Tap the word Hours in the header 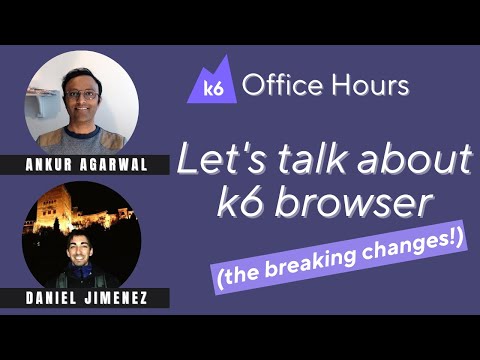pyautogui.click(x=367, y=85)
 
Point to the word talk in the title pyautogui.click(x=297, y=159)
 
